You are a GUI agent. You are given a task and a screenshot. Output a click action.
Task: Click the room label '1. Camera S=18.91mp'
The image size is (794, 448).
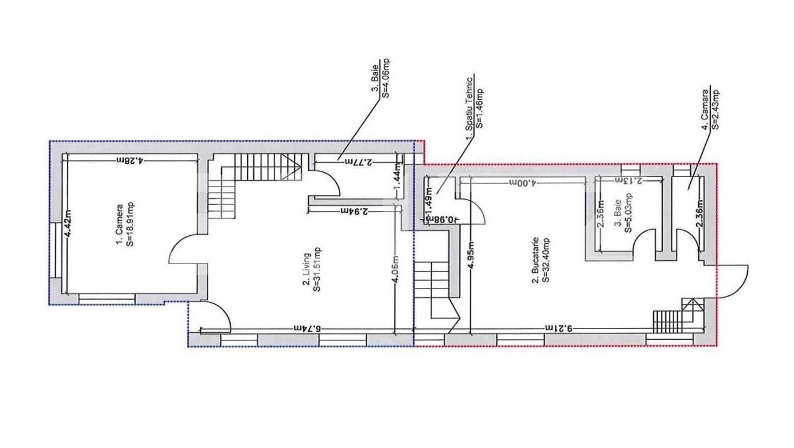(x=124, y=231)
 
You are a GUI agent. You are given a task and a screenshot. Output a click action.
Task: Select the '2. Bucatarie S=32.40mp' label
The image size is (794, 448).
(x=541, y=260)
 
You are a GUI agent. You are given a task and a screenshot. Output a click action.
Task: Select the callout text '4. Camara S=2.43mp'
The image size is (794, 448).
(x=710, y=108)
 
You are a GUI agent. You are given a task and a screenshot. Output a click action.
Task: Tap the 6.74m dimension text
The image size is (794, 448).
(x=306, y=328)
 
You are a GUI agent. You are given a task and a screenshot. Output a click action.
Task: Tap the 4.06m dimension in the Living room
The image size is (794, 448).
(x=395, y=270)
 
